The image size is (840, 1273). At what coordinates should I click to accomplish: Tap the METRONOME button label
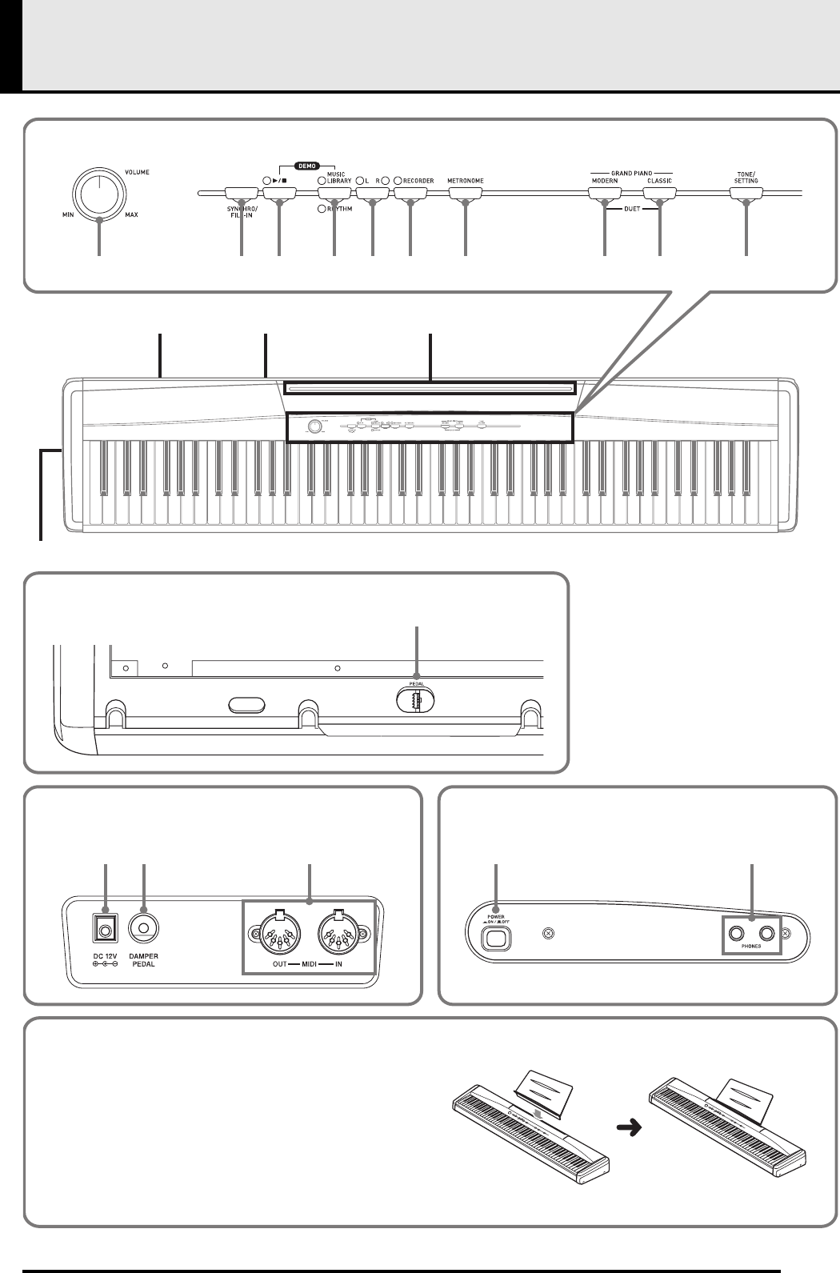(x=465, y=182)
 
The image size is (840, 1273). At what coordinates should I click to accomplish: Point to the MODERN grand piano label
(x=604, y=182)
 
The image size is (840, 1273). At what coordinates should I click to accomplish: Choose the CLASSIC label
(x=659, y=182)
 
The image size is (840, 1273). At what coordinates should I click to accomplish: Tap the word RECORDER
(x=418, y=182)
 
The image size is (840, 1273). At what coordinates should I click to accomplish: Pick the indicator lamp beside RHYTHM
(x=322, y=209)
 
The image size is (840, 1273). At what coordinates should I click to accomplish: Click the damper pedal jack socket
(x=143, y=928)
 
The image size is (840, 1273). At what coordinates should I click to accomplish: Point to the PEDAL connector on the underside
(x=416, y=699)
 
